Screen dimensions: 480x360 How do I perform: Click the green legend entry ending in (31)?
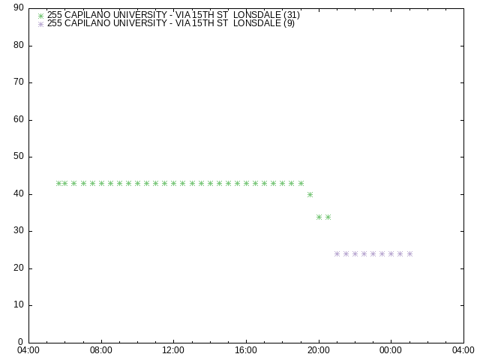[173, 15]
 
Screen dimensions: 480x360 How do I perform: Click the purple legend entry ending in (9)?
[171, 23]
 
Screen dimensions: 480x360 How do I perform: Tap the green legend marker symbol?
[40, 16]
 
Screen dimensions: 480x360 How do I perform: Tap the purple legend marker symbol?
[40, 24]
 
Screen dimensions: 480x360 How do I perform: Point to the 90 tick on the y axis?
[19, 7]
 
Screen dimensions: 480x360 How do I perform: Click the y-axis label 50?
[19, 156]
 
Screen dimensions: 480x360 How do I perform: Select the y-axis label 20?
[19, 268]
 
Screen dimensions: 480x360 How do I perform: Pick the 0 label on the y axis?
[21, 342]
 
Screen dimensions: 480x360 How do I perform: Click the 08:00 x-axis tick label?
[101, 350]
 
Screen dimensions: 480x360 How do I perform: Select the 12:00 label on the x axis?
[173, 350]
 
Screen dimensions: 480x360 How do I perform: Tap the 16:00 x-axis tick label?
[246, 350]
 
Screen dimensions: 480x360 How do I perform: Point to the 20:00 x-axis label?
[319, 350]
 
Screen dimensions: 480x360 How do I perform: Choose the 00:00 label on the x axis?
[391, 350]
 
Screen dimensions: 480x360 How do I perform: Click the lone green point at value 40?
[310, 195]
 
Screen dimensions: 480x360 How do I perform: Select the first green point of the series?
[58, 183]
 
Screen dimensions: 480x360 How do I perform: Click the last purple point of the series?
[410, 253]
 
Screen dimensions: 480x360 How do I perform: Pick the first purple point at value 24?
[337, 253]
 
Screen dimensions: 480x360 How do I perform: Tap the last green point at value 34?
[328, 217]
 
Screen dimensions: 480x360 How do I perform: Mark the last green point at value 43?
[301, 183]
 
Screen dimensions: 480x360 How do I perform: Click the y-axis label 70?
[19, 82]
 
